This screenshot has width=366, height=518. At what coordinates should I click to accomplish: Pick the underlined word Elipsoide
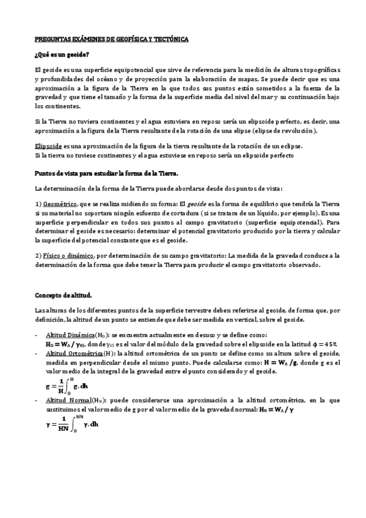click(x=48, y=147)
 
